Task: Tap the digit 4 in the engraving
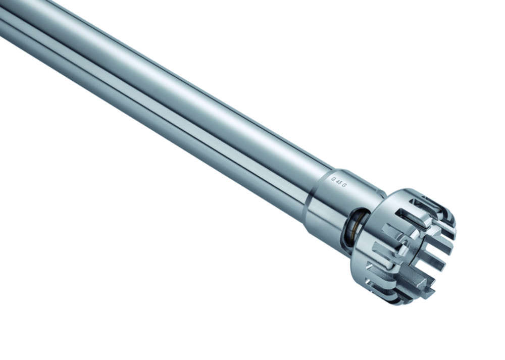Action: (338, 182)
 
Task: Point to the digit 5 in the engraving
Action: (340, 183)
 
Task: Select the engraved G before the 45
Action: (333, 179)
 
